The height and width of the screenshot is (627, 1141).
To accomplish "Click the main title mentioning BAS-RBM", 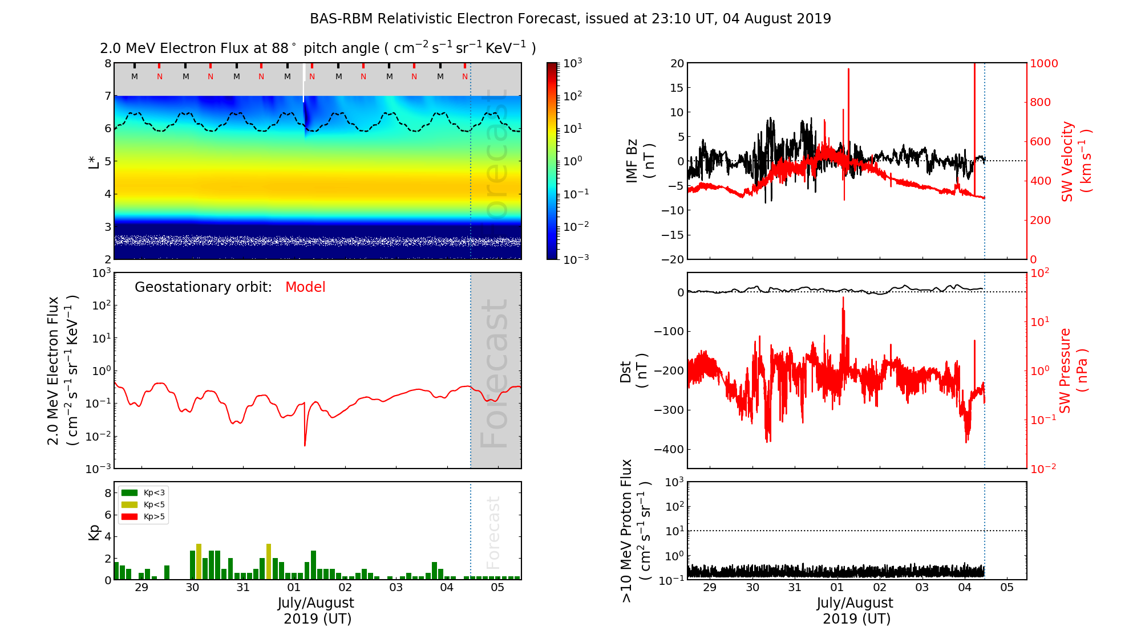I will (570, 19).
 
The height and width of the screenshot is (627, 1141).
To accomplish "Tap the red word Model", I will (305, 287).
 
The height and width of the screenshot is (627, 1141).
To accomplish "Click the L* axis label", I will (94, 161).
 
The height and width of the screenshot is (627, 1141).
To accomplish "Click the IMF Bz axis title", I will (639, 161).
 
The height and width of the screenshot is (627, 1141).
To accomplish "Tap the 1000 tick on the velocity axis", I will (1043, 63).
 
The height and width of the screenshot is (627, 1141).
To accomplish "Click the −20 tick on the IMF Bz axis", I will (673, 259).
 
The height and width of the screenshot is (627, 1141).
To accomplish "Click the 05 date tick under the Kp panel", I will (497, 588).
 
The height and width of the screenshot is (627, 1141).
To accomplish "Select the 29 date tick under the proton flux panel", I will (710, 588).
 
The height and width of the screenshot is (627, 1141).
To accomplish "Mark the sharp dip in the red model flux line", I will (305, 445).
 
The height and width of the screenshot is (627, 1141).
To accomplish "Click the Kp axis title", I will (94, 532).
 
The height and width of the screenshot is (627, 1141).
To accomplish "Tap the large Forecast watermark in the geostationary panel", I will (494, 373).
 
